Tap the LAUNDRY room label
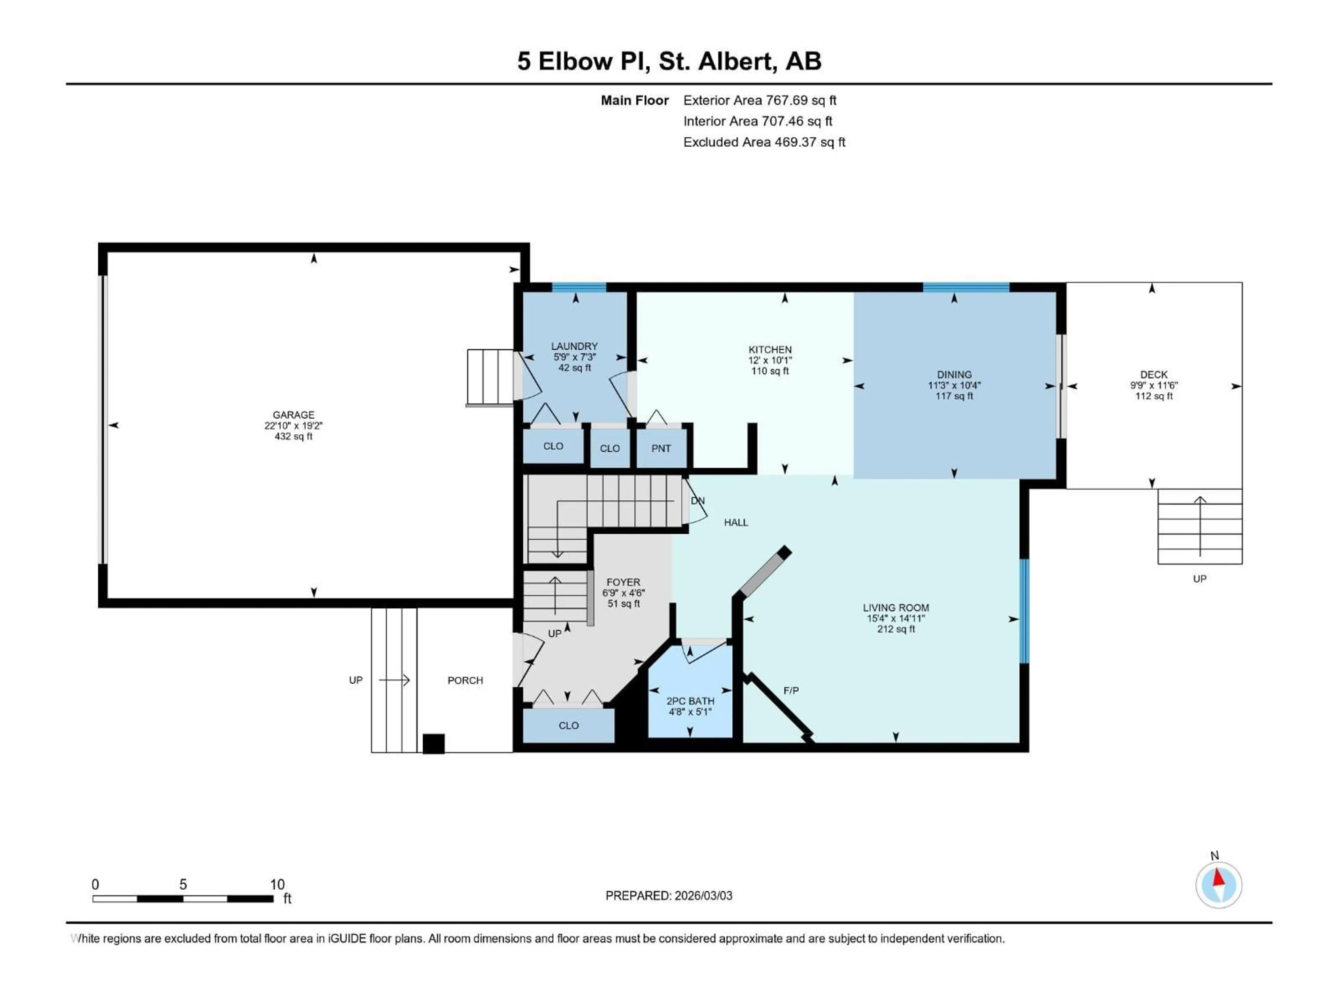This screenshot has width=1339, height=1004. [x=574, y=346]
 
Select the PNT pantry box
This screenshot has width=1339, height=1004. [x=661, y=448]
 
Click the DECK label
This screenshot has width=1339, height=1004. [x=1153, y=375]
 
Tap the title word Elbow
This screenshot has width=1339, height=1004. [x=574, y=61]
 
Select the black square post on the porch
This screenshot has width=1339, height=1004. [x=433, y=744]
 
